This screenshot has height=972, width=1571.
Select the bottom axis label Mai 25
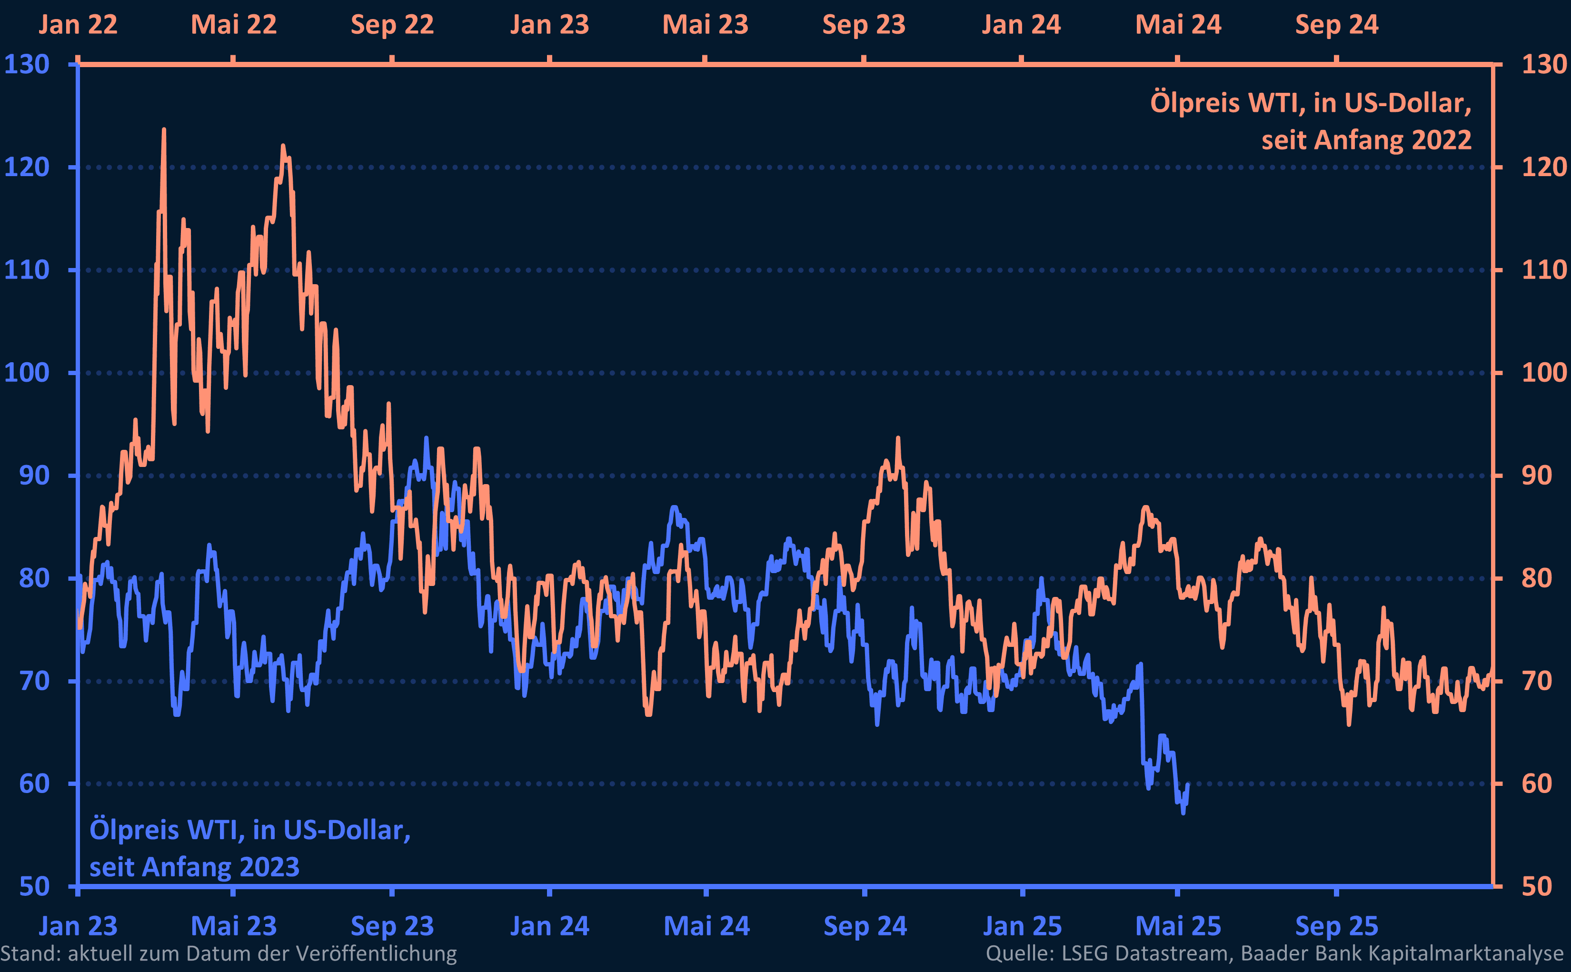click(1178, 926)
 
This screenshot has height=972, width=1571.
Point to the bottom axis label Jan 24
click(549, 926)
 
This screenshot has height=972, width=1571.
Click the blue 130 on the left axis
click(27, 64)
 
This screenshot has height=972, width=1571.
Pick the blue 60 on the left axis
click(34, 784)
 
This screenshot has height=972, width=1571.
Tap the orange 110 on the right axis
click(1544, 270)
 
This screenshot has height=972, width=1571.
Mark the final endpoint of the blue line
click(1188, 785)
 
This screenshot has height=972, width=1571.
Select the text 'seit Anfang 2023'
click(194, 867)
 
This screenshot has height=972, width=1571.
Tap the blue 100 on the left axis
click(27, 373)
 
